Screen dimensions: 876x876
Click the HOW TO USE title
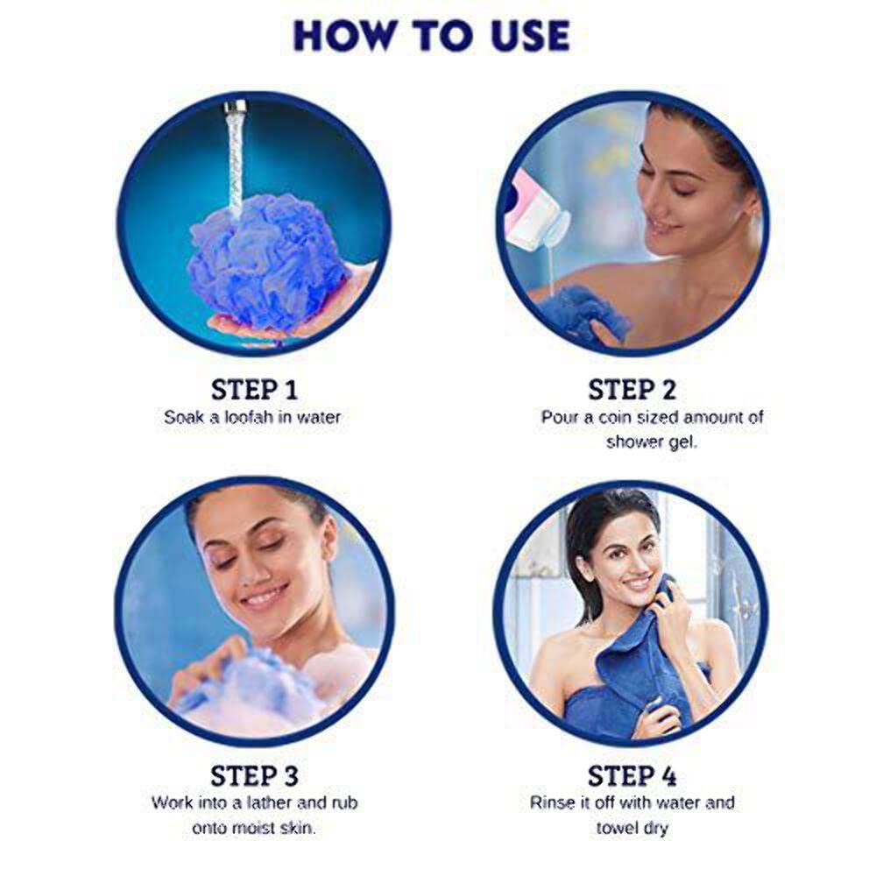(432, 36)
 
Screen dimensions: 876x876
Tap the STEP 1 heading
(254, 390)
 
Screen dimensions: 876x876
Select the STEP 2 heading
(632, 390)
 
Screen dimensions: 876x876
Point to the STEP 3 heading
(254, 776)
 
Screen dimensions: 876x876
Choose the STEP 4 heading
(632, 776)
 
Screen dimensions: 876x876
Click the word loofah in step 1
(249, 417)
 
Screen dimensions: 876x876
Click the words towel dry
(632, 828)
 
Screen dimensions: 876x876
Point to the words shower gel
(652, 442)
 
